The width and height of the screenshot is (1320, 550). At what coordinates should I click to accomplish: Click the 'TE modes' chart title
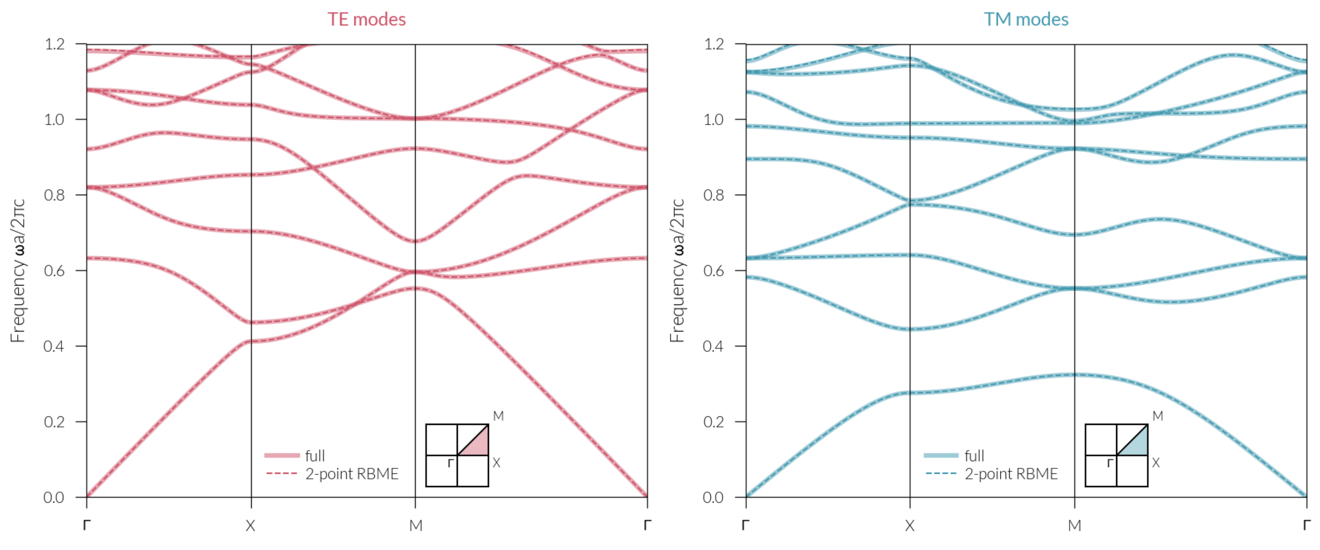366,20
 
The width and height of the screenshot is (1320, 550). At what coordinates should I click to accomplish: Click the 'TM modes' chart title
1026,20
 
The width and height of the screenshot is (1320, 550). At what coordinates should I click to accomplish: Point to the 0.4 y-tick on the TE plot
54,346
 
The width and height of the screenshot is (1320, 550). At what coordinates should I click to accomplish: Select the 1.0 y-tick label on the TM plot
713,120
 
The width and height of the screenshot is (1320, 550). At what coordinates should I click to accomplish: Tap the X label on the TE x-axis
250,526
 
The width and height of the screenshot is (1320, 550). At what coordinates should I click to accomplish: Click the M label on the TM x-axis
1075,526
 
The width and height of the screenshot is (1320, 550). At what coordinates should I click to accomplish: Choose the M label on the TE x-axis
416,526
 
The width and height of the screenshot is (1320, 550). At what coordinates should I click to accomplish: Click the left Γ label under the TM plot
745,526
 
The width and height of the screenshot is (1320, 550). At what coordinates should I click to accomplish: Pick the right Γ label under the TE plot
647,526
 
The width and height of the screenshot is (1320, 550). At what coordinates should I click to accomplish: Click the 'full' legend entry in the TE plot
315,456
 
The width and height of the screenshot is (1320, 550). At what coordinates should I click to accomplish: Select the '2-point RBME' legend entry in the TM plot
1010,474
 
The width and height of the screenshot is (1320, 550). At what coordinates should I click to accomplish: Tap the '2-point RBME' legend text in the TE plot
352,474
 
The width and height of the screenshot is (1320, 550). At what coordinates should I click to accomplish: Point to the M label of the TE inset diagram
498,416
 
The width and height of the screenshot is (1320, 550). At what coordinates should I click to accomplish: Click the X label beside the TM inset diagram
1156,463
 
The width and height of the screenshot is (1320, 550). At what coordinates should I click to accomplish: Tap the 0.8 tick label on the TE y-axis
54,195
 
